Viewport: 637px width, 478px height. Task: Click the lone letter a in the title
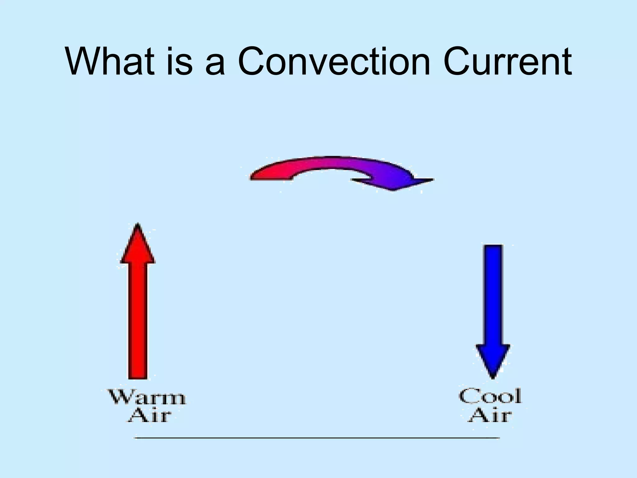215,65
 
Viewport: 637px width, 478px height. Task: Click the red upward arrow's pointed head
138,246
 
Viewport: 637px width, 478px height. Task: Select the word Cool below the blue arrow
490,396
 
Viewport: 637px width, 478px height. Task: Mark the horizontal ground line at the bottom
317,438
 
